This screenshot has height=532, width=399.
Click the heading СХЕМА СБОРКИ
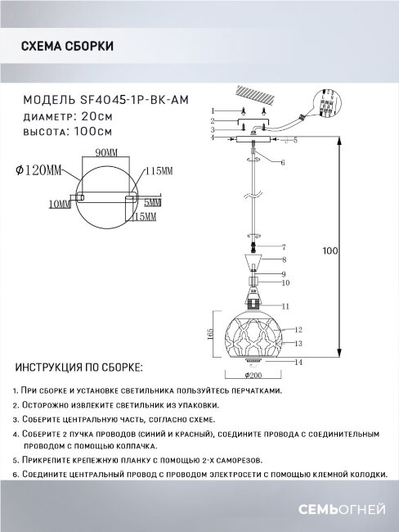point(66,47)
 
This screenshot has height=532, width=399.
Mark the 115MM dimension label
point(159,170)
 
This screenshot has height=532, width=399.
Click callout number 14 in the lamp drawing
point(300,361)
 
